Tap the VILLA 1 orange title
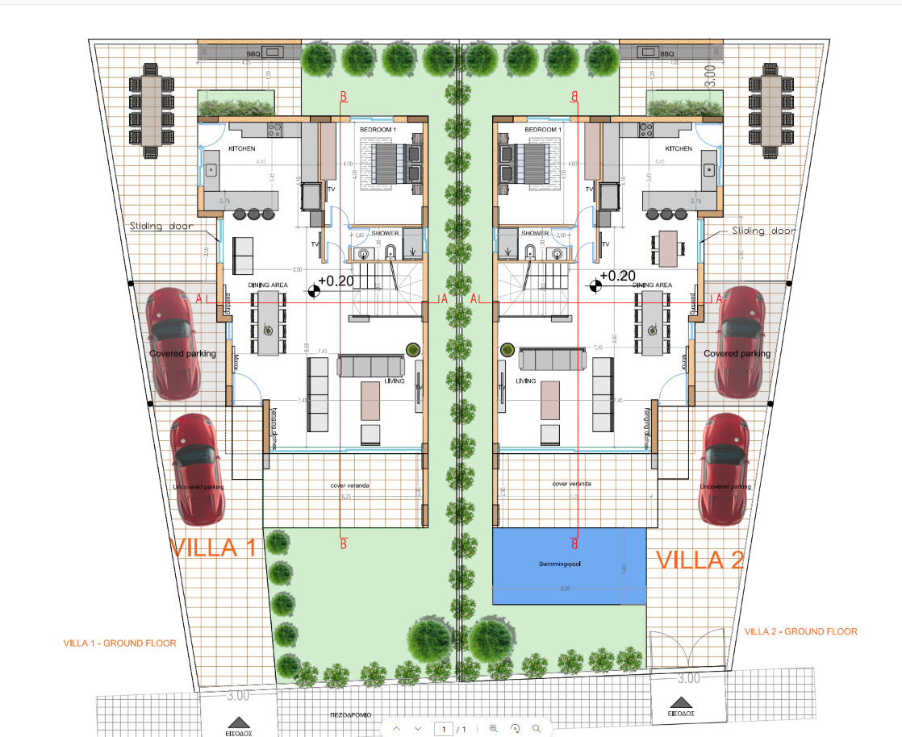point(213,548)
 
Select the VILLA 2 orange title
point(699,560)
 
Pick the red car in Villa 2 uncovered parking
point(725,468)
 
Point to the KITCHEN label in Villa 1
point(242,149)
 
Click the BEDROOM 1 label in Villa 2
point(542,130)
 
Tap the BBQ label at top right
point(666,54)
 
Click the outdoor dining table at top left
point(152,110)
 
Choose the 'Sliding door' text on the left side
point(161,227)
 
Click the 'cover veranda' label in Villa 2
point(571,484)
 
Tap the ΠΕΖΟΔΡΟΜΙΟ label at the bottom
point(349,714)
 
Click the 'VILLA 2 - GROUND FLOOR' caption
point(800,631)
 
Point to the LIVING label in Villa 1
point(394,381)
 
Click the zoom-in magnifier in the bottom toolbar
point(493,728)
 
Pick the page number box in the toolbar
point(443,729)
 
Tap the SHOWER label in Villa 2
point(535,233)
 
